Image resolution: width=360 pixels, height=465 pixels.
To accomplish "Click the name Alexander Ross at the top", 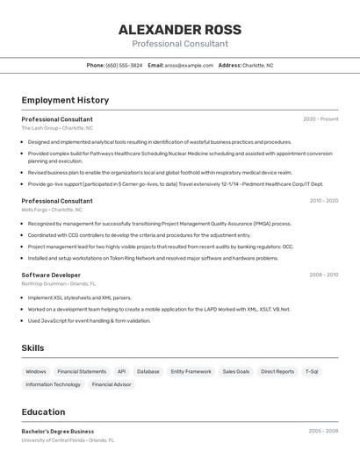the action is point(180,30).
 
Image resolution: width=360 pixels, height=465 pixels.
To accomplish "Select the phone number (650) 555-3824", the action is point(124,65).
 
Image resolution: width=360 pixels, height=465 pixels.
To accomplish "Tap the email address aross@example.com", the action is point(189,65).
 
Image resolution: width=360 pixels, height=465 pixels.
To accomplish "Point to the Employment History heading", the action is point(65,100).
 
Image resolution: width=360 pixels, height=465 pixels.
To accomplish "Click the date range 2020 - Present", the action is point(320,119).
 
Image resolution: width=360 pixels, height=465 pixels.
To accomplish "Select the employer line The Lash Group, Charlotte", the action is point(57,128).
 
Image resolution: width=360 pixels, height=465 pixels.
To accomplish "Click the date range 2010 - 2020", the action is point(323,201).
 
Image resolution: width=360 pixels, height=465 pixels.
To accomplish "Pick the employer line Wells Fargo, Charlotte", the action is point(52,210).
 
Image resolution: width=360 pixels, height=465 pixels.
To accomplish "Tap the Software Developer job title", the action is point(51,275).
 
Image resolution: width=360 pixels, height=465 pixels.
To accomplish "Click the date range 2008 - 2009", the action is point(323,275).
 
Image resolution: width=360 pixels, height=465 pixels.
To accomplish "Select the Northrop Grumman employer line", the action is point(59,283).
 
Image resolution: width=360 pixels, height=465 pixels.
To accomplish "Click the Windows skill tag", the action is point(36,371).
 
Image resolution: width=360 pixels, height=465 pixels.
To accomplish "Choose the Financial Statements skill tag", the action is point(82,371).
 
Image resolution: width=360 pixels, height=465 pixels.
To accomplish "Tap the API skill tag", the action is point(121,371).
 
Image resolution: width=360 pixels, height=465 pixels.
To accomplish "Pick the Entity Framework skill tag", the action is point(191,371).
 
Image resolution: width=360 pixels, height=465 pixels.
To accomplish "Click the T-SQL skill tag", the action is point(312,371).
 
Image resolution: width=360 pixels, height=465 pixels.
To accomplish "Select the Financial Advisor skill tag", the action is point(112,384).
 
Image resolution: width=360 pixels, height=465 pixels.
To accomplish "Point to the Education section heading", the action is point(43,411).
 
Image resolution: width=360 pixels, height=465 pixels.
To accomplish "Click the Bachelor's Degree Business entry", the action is point(58,431).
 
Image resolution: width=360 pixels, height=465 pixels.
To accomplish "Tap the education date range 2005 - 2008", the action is point(323,431).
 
